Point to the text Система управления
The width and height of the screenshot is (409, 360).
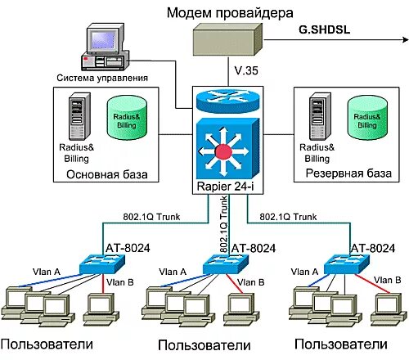coord(102,78)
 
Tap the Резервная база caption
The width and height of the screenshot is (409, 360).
coord(344,173)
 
